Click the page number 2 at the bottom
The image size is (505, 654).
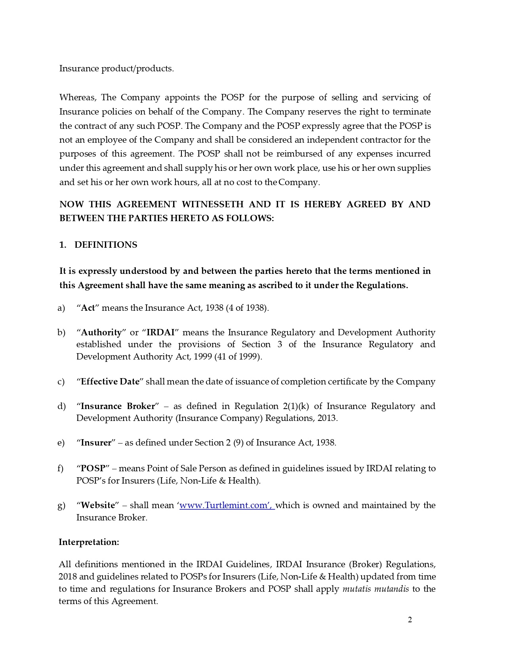[x=410, y=620]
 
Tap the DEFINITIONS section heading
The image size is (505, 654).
[x=106, y=245]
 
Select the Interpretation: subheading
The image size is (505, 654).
[x=89, y=542]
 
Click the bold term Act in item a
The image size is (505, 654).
[x=88, y=308]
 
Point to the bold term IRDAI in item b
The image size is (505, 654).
[x=160, y=333]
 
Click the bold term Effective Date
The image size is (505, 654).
[x=110, y=382]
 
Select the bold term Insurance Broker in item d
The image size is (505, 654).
[x=118, y=406]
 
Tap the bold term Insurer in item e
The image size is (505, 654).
[x=96, y=443]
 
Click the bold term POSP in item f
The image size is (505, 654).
[x=93, y=469]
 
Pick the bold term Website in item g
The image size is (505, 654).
[x=97, y=505]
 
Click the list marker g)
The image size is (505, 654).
[x=61, y=506]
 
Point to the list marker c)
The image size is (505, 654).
[x=61, y=382]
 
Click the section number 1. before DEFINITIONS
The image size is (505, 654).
[x=63, y=245]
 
